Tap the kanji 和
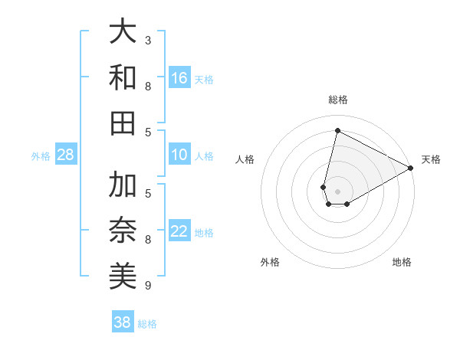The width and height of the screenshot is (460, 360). [x=123, y=78]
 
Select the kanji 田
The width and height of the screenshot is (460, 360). [x=123, y=123]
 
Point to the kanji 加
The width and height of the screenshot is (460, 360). [x=123, y=185]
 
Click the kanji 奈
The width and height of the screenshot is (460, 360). [x=123, y=231]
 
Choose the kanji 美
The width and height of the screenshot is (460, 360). [x=123, y=276]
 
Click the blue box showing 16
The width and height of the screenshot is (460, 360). [x=179, y=78]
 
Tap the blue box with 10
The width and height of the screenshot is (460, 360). [x=179, y=155]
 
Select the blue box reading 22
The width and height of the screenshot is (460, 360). [x=179, y=231]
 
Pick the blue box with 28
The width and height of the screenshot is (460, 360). [x=65, y=155]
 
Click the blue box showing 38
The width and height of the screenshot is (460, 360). [x=123, y=322]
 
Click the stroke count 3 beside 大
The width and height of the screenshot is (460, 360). [x=148, y=40]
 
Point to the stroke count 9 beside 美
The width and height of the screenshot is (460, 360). [x=148, y=286]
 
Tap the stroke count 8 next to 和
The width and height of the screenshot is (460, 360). [x=148, y=86]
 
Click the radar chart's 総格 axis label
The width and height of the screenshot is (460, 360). [x=337, y=100]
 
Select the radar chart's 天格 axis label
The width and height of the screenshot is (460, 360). [x=431, y=159]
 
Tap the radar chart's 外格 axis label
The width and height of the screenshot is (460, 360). [x=270, y=262]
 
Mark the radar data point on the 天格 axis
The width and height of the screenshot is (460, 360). [x=411, y=168]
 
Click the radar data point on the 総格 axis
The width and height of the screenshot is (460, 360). [x=337, y=130]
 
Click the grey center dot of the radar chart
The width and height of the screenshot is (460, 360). [x=337, y=191]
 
